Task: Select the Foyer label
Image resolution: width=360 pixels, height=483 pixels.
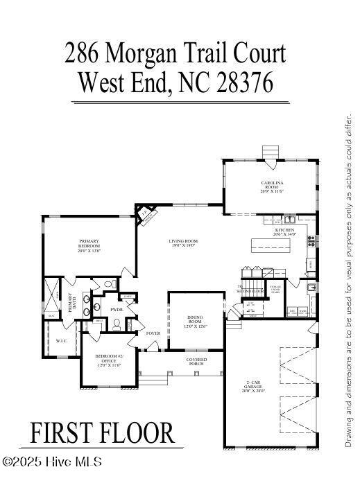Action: [x=153, y=333]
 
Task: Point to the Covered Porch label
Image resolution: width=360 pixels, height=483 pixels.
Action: [x=196, y=362]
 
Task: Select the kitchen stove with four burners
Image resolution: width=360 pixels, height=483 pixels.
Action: [x=311, y=242]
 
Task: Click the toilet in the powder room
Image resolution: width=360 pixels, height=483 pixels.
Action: [x=118, y=324]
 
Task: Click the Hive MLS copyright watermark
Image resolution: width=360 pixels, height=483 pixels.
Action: [x=52, y=462]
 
